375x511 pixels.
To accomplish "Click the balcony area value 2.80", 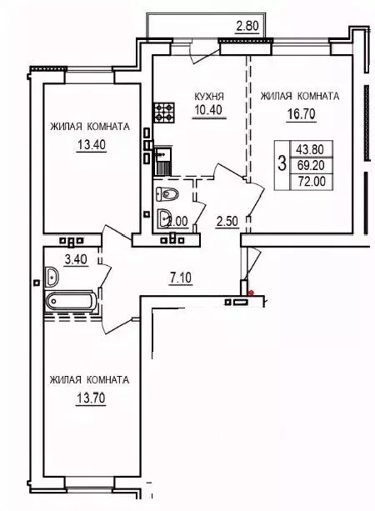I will tap(248, 27).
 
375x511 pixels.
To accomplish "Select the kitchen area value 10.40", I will tap(207, 110).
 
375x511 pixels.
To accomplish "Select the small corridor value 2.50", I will tap(227, 222).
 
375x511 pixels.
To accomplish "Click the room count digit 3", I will tap(282, 160).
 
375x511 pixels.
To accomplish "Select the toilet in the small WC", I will tap(167, 194).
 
